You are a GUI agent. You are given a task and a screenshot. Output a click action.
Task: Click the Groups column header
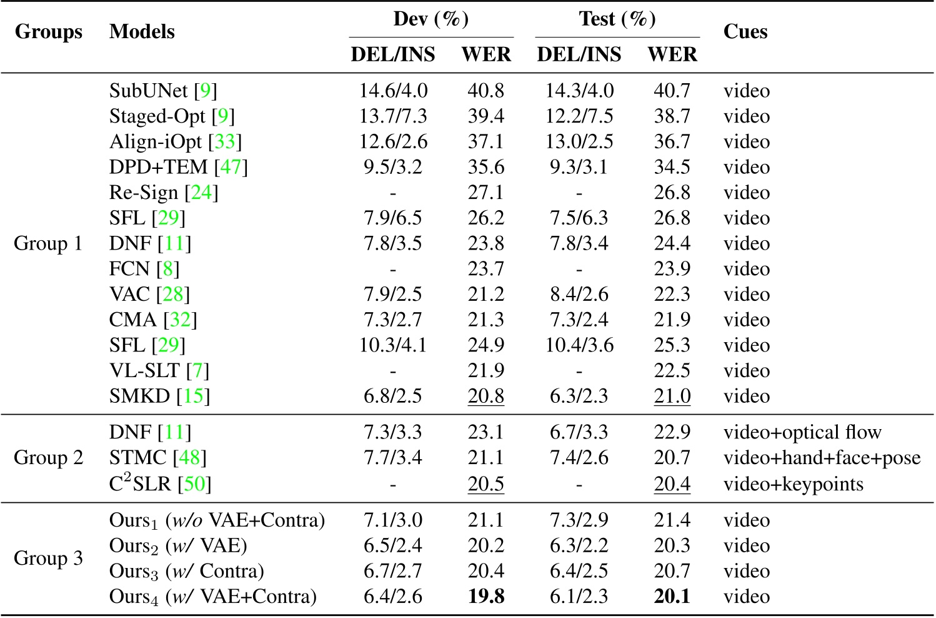(48, 32)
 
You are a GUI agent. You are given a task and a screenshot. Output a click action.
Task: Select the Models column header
(142, 32)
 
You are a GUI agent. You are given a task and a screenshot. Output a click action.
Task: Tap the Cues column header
(745, 32)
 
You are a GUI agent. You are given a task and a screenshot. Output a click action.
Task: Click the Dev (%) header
(431, 19)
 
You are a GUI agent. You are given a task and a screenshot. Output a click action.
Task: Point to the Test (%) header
(617, 19)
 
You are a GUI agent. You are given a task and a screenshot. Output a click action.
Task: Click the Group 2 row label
(48, 458)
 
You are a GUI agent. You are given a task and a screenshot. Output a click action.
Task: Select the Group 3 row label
(48, 558)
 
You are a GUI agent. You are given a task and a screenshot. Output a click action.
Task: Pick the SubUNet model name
(149, 91)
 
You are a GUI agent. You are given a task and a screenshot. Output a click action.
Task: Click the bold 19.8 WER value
(486, 596)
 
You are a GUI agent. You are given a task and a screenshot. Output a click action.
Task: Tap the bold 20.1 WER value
(672, 596)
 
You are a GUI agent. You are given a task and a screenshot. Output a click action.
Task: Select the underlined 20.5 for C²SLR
(486, 484)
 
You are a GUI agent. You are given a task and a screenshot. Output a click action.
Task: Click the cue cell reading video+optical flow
(802, 432)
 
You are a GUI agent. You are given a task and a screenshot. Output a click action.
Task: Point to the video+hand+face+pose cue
(822, 458)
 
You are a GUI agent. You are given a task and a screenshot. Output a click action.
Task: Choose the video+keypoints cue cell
(794, 484)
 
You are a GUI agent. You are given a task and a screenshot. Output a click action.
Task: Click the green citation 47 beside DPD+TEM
(231, 168)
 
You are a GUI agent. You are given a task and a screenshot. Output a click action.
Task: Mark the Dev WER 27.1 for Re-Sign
(486, 193)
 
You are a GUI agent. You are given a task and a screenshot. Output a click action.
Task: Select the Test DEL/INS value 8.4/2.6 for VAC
(579, 295)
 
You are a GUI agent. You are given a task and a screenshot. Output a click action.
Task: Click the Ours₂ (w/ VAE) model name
(178, 546)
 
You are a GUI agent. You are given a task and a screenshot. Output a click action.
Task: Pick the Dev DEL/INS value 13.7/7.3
(393, 116)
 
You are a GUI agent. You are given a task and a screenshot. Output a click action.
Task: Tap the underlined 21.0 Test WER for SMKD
(672, 397)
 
